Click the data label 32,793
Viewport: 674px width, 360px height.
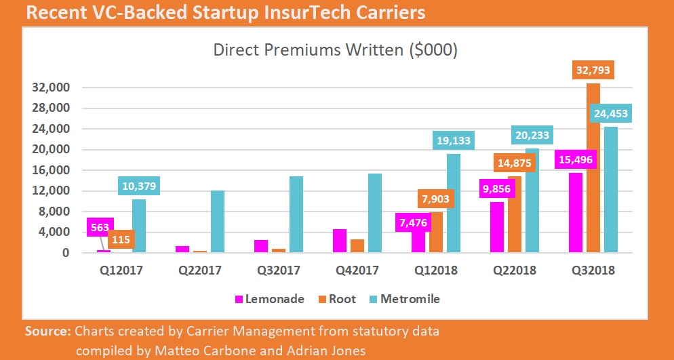pos(593,70)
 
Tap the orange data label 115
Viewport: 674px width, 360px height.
pos(122,239)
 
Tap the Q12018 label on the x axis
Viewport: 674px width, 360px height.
pos(437,271)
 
